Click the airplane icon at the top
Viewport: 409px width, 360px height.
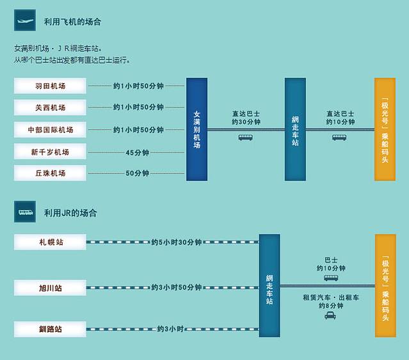pos(24,20)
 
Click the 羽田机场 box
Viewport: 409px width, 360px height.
pos(50,86)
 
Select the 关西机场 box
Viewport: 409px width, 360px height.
pos(50,107)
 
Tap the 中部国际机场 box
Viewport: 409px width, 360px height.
pos(50,130)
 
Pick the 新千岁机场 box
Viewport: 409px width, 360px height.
pos(50,152)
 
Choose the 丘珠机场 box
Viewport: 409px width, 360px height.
pos(50,173)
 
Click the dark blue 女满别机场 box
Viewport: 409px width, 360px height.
pos(197,129)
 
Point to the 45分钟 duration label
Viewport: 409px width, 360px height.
pos(138,152)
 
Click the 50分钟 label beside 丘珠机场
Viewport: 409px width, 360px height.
pos(138,173)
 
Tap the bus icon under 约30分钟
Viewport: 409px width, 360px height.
pos(246,137)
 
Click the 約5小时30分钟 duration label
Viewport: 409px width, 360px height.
pos(176,242)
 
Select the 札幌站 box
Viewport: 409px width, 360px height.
pos(50,242)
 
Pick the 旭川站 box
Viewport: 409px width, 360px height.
pos(50,288)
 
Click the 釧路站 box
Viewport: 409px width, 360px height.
pos(50,329)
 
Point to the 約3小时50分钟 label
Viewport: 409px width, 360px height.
pos(176,288)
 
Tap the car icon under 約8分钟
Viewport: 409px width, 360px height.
pos(330,317)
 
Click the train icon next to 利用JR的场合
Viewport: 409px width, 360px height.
pos(24,211)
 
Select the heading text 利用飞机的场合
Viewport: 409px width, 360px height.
pos(72,22)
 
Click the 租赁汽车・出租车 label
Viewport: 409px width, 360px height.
pos(330,297)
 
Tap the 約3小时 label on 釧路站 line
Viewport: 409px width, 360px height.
pos(170,329)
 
